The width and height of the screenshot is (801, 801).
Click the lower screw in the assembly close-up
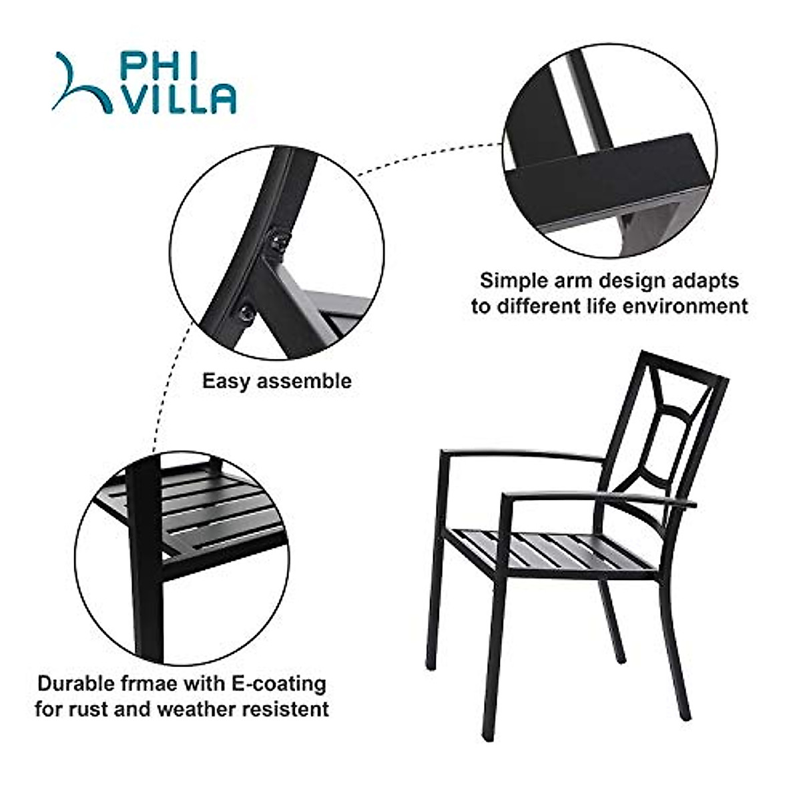[x=246, y=312]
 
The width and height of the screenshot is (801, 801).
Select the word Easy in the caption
[x=227, y=381]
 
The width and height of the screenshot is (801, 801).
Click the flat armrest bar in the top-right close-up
[x=601, y=180]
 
